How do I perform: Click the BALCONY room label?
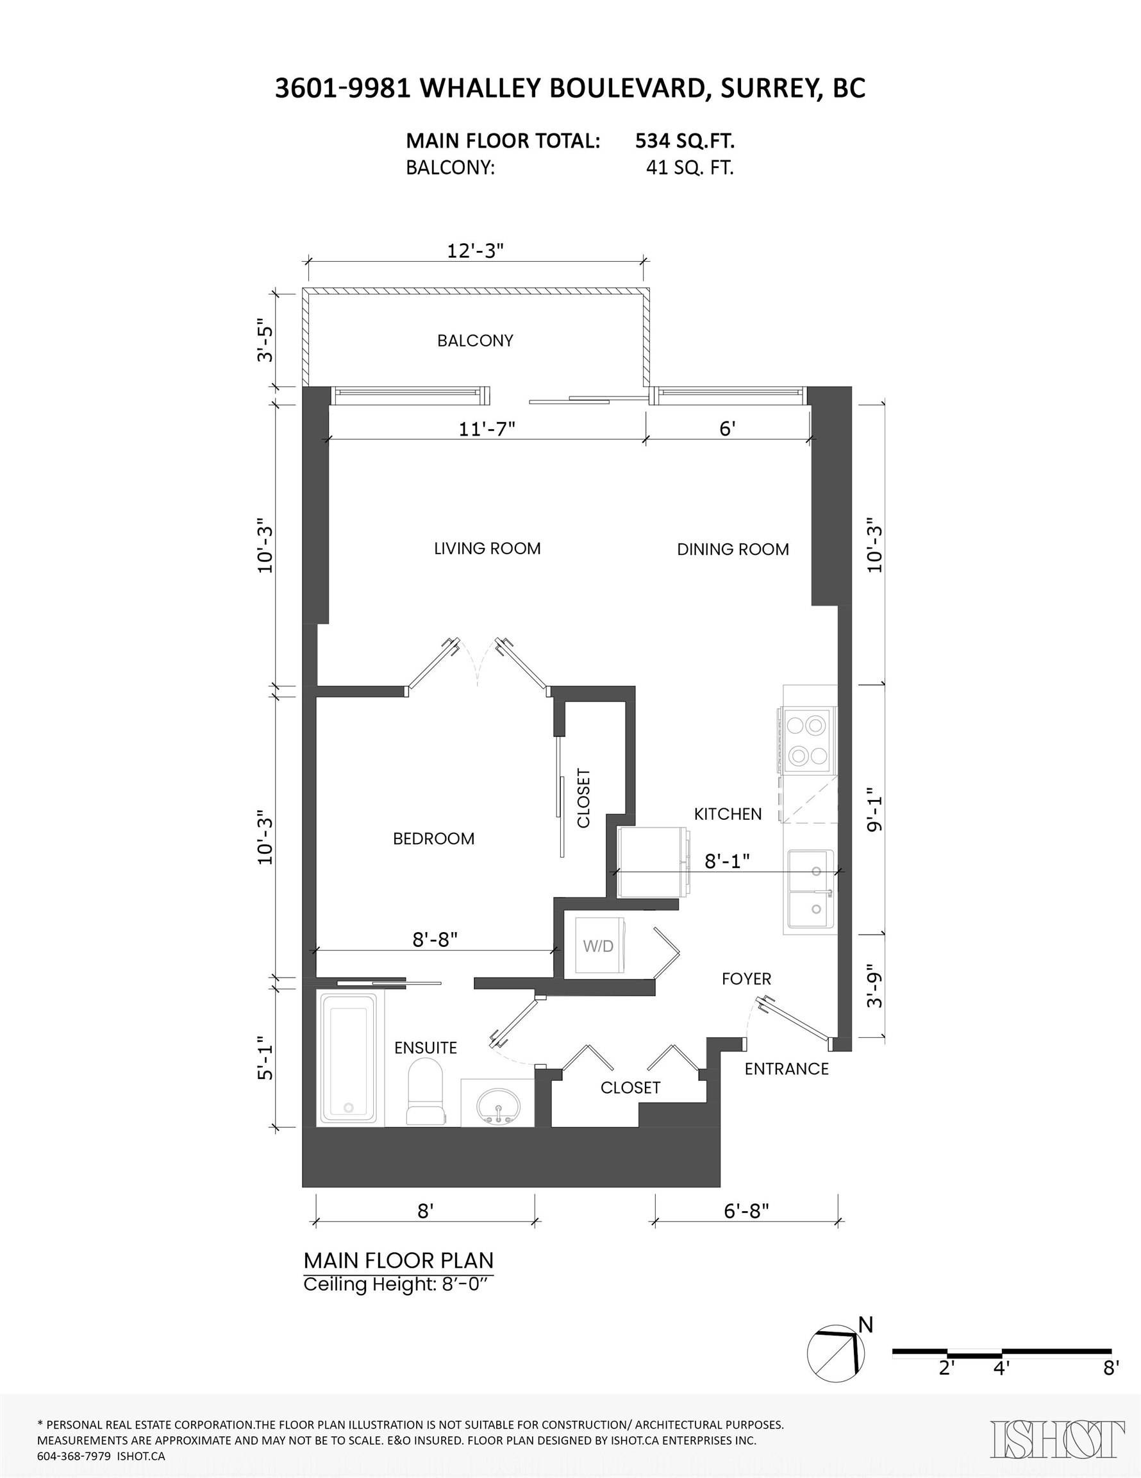(475, 341)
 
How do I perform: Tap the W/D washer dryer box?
(599, 946)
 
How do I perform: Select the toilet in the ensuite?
(425, 1091)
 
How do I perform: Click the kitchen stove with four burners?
(808, 740)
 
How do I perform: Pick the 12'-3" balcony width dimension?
(476, 251)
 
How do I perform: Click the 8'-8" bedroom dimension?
(435, 939)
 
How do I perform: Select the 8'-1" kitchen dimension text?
(727, 861)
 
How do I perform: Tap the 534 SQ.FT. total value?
(685, 140)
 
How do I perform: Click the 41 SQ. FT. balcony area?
(689, 168)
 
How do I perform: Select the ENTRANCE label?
(786, 1069)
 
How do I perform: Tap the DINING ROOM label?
(733, 550)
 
